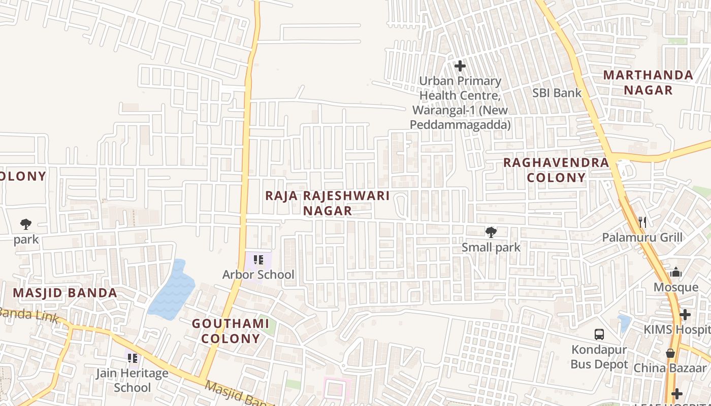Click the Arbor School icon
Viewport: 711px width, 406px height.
click(x=258, y=260)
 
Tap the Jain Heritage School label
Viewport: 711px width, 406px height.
click(x=133, y=381)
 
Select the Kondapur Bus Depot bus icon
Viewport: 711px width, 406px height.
click(x=599, y=334)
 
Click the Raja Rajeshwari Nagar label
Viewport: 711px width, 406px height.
click(x=328, y=203)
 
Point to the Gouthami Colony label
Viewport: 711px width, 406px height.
click(x=231, y=331)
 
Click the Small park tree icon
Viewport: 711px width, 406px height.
click(x=491, y=232)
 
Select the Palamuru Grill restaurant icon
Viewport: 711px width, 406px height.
click(x=642, y=222)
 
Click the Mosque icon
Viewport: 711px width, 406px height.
click(x=675, y=273)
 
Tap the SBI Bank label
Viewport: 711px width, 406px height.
click(x=557, y=93)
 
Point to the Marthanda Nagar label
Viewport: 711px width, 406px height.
click(x=648, y=83)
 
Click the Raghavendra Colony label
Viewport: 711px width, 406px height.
click(x=556, y=170)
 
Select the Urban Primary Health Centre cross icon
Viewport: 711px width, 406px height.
click(x=460, y=66)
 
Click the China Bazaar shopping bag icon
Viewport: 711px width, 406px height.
click(x=670, y=353)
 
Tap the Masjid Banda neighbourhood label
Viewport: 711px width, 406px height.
click(x=65, y=293)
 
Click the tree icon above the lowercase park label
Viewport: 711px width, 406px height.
click(x=26, y=224)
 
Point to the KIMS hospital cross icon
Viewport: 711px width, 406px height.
click(x=685, y=315)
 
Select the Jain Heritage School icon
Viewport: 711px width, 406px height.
click(x=133, y=358)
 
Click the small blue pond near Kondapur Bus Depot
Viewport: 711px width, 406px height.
click(x=624, y=323)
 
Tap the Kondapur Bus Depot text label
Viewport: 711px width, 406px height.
click(x=599, y=357)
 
